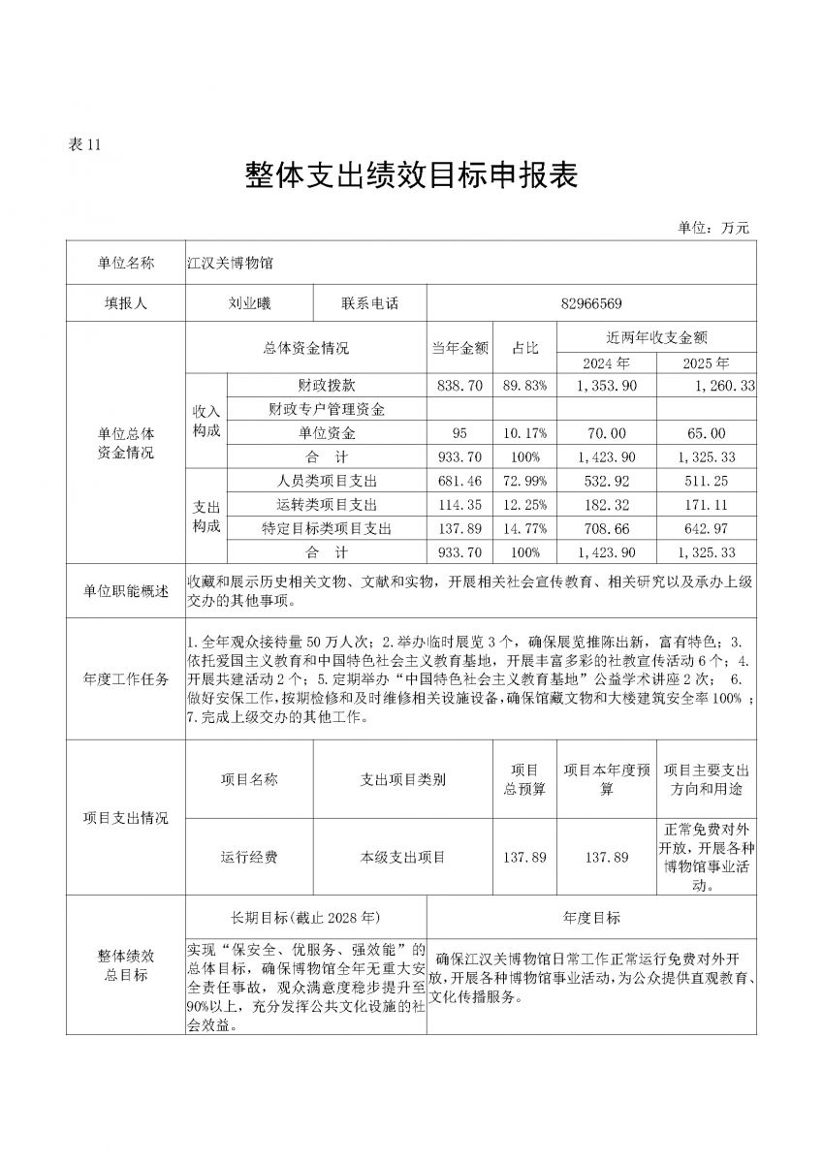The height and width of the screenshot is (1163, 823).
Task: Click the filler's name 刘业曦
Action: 249,303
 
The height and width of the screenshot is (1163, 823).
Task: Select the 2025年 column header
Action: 705,363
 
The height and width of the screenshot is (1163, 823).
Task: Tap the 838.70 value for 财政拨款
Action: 459,386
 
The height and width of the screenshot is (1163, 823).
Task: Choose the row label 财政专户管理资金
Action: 327,409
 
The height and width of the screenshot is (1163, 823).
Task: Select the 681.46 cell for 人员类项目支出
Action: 459,481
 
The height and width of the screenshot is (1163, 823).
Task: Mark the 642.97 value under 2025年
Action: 705,528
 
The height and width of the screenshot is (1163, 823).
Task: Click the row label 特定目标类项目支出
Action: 327,528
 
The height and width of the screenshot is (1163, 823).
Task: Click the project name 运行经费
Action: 249,857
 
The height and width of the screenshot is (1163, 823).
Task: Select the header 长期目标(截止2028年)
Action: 304,917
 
